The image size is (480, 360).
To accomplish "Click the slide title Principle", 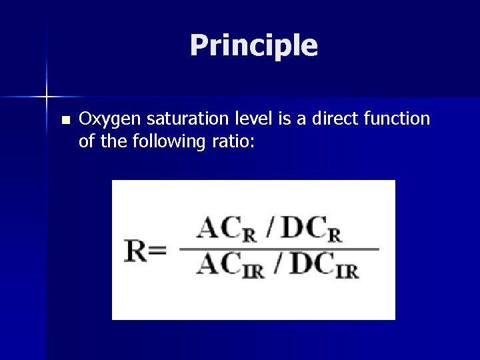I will [x=253, y=45].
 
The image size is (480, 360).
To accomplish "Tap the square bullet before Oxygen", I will [x=65, y=121].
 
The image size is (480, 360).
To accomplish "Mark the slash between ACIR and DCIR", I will [x=277, y=265].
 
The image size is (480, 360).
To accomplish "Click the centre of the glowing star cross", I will [x=47, y=97].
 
